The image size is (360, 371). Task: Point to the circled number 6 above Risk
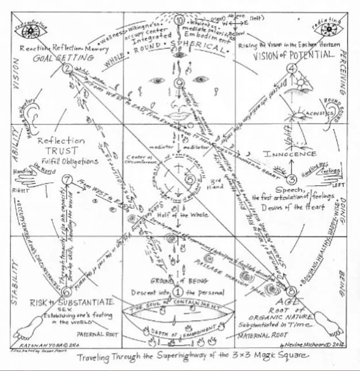point(67,292)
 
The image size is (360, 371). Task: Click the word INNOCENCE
point(290,154)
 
